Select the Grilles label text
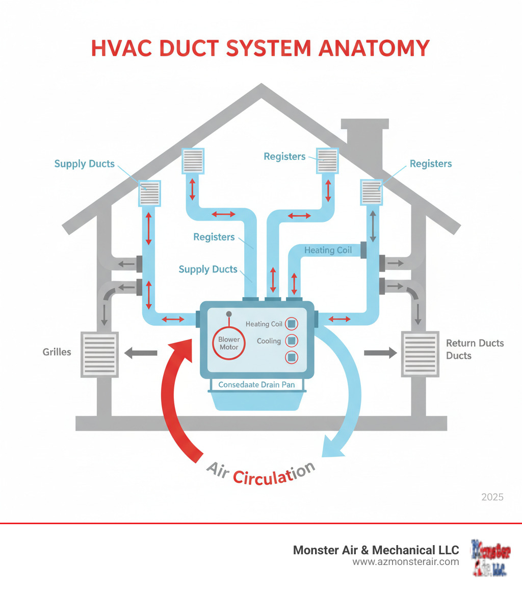(57, 352)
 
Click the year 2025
(492, 497)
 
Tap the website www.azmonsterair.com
(406, 561)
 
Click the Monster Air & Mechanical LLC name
(376, 550)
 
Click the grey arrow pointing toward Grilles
(141, 352)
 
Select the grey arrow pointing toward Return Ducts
(380, 352)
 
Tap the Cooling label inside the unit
(269, 340)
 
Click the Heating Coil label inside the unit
(264, 324)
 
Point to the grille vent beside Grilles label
(99, 354)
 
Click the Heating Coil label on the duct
(328, 250)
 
